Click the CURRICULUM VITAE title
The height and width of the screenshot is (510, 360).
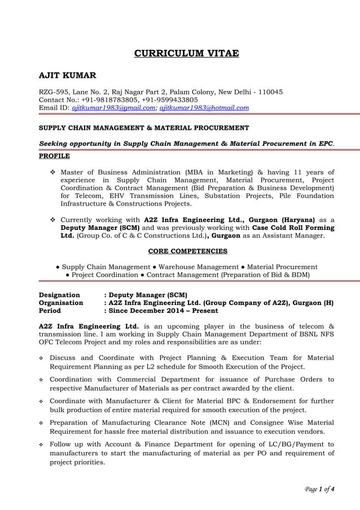coord(186,54)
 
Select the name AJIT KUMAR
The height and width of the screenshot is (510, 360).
coord(67,75)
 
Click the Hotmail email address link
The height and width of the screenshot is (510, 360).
coord(204,107)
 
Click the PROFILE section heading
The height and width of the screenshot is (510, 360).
coord(54,155)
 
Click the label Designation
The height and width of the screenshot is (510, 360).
coord(59,295)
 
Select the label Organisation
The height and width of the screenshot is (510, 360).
coord(60,303)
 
